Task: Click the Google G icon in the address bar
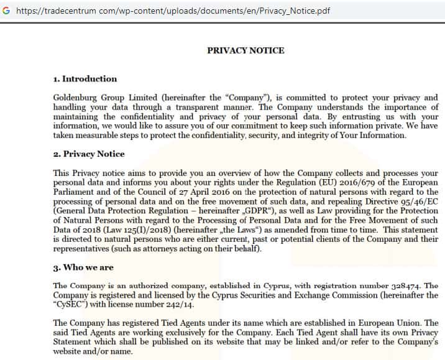tap(6, 10)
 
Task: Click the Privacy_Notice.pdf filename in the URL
tap(294, 10)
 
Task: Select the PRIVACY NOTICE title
tap(245, 50)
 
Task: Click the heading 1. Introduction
tap(85, 79)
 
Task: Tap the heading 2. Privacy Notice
tap(89, 154)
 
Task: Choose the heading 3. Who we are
tap(83, 268)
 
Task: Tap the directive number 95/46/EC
tap(416, 202)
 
